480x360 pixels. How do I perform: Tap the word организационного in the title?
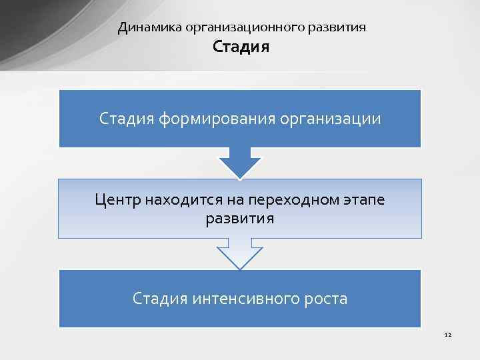pos(245,27)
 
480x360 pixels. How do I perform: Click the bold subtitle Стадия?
pos(241,47)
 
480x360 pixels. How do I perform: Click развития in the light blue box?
pos(240,218)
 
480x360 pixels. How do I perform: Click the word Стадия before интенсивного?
pos(160,298)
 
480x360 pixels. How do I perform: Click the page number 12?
pos(447,334)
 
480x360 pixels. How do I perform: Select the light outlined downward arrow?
pos(240,254)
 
